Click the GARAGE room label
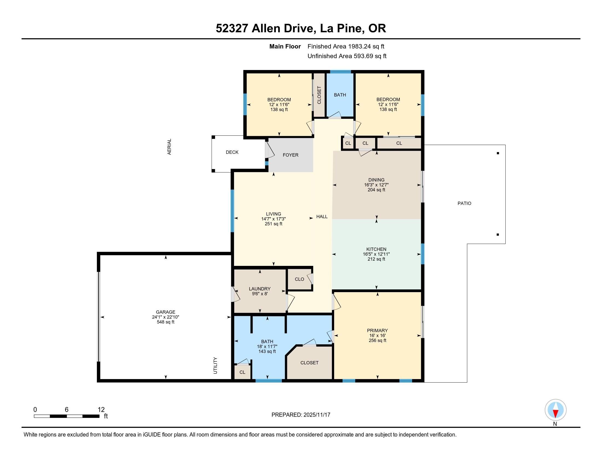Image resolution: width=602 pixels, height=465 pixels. [x=165, y=312]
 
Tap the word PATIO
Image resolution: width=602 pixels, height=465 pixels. [x=464, y=203]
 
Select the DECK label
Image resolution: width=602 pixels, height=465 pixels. [x=232, y=152]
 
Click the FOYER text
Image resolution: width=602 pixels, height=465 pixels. [x=290, y=155]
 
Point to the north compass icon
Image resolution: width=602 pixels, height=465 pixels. [x=555, y=410]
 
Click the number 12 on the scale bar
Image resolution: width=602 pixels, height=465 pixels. [x=101, y=409]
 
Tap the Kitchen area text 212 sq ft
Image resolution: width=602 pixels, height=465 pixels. [x=376, y=259]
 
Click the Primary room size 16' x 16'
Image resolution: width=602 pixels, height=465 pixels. [x=377, y=336]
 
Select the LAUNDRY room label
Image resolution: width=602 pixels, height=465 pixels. [x=259, y=289]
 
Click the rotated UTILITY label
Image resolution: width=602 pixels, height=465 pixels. [x=215, y=365]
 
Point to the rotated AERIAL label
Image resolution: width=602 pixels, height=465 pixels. [x=169, y=147]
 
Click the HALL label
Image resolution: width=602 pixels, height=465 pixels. [x=322, y=217]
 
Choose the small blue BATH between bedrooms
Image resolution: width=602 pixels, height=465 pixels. [x=340, y=95]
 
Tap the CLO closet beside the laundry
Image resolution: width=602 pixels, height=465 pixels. [x=299, y=279]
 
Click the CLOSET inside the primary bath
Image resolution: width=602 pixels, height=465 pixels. [x=309, y=363]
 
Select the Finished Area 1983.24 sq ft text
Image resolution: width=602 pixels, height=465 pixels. [x=346, y=46]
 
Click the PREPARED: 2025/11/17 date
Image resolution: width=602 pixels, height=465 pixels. [x=301, y=415]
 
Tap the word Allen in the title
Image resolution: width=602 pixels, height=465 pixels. [x=267, y=28]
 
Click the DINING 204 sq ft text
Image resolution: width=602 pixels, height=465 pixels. [x=376, y=190]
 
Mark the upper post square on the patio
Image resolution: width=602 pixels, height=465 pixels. [x=498, y=153]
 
